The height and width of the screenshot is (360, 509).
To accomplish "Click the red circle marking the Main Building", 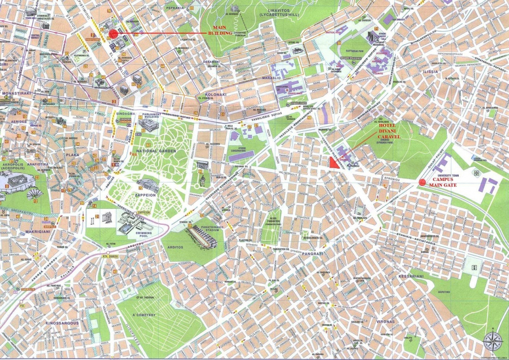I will (113, 33).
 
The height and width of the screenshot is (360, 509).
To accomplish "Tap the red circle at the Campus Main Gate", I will (423, 182).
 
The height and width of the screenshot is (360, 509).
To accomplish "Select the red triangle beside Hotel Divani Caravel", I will (335, 163).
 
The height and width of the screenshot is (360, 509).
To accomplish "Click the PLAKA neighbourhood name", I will (73, 155).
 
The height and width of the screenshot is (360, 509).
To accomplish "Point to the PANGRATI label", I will (313, 254).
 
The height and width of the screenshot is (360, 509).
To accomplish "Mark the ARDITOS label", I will (175, 247).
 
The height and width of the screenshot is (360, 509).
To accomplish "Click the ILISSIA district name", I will (430, 72).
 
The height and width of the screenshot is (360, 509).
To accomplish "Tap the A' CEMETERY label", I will (144, 315).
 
